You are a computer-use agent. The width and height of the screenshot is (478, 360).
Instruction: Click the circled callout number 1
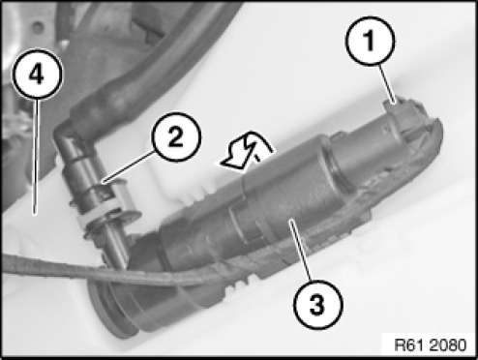(370, 42)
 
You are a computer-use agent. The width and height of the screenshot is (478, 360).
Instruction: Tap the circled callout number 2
(177, 136)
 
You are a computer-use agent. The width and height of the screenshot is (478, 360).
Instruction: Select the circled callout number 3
(317, 305)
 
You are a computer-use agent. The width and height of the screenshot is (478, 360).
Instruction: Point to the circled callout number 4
(37, 74)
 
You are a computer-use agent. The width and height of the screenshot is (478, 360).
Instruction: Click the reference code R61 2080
(431, 345)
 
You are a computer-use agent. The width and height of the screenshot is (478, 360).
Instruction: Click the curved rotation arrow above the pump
(248, 151)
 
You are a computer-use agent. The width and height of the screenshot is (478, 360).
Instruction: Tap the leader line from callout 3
(300, 251)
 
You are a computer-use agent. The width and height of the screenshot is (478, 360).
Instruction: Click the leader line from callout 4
(36, 156)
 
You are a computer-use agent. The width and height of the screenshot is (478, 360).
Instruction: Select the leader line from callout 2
(128, 167)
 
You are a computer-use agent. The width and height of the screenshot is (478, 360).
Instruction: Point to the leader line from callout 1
(387, 84)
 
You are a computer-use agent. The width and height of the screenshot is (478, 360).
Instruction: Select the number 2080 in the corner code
(449, 345)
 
